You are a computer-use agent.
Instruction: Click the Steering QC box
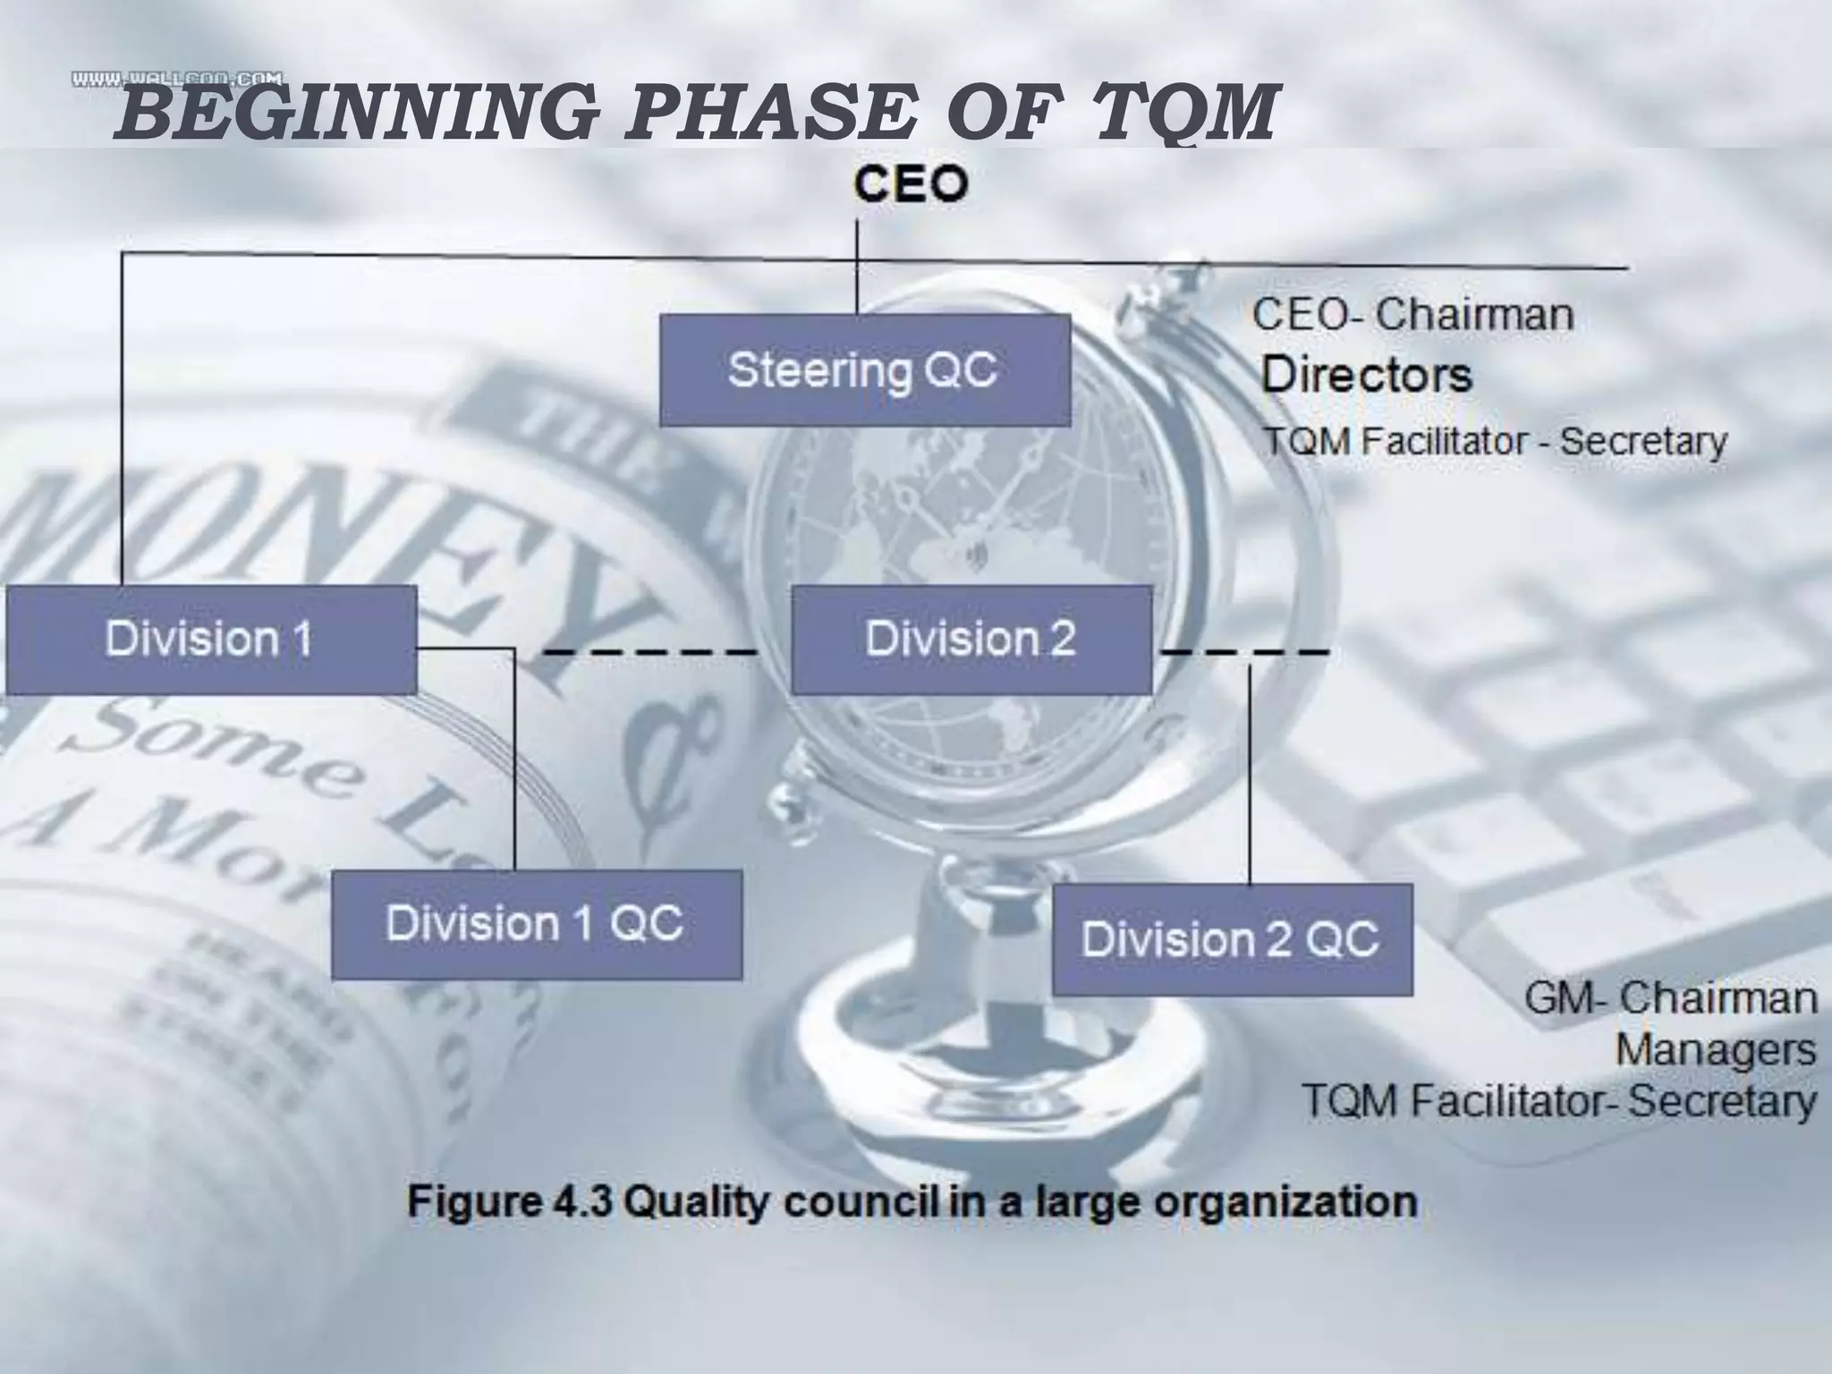[x=864, y=369]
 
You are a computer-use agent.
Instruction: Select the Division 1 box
[x=211, y=640]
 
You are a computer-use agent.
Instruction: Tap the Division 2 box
[x=971, y=640]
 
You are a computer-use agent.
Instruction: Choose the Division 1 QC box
[x=536, y=924]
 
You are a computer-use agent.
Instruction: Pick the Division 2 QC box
[x=1232, y=939]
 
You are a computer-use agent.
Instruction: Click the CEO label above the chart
[x=910, y=185]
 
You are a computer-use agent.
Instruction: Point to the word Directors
[x=1366, y=375]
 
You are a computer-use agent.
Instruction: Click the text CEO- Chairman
[x=1412, y=315]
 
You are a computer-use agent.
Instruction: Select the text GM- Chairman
[x=1670, y=998]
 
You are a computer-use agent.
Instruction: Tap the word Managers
[x=1715, y=1050]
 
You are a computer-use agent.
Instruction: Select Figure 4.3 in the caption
[x=510, y=1201]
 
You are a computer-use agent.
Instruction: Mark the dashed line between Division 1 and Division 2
[x=650, y=652]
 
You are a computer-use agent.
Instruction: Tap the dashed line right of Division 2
[x=1243, y=652]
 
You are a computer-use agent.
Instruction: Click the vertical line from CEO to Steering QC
[x=857, y=268]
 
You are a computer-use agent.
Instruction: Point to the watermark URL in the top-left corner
[x=177, y=80]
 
